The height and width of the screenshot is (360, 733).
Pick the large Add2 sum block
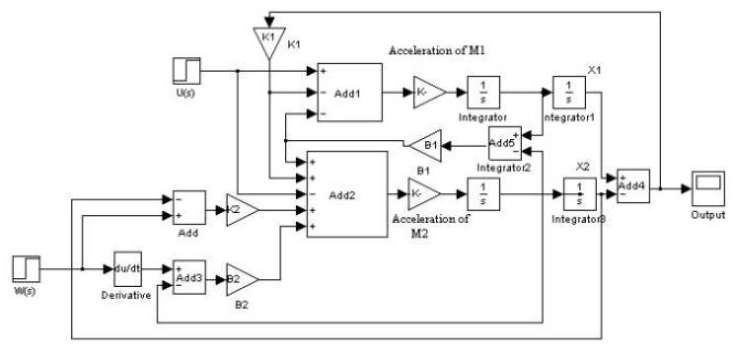(346, 194)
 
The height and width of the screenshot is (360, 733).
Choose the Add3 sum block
(188, 278)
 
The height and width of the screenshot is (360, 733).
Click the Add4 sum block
(632, 184)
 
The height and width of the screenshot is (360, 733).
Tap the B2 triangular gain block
(241, 279)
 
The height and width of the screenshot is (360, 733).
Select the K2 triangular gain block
(242, 209)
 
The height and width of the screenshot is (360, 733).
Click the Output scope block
(707, 184)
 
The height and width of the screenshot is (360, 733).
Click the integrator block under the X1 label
(569, 91)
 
